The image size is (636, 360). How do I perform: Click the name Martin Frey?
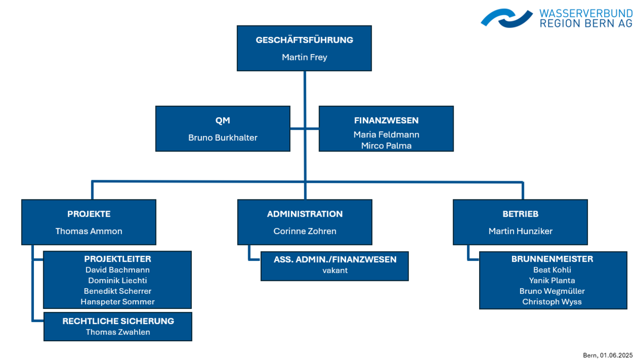(304, 57)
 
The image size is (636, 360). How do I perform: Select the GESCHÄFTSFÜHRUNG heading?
(304, 40)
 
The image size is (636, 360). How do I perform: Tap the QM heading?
(223, 120)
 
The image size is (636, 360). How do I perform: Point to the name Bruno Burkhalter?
(223, 138)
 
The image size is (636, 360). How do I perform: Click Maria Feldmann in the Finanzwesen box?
(386, 134)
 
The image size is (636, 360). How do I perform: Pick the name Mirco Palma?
(386, 146)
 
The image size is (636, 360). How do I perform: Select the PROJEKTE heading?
(89, 214)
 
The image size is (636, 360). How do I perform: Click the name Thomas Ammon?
(89, 231)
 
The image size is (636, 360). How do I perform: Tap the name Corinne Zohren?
(305, 231)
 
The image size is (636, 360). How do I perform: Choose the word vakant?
(335, 270)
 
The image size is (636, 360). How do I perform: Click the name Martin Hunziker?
(520, 231)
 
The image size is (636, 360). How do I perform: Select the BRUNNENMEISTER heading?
(552, 259)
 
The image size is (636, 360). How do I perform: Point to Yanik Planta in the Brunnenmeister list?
(552, 280)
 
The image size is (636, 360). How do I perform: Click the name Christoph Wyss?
(552, 302)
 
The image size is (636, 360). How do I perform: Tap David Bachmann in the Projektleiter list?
(117, 270)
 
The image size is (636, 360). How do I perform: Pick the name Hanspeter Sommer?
(117, 302)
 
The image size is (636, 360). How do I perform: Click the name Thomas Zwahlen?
(118, 332)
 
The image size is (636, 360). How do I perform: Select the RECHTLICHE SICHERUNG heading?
(118, 321)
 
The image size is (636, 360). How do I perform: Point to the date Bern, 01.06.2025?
(607, 355)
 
